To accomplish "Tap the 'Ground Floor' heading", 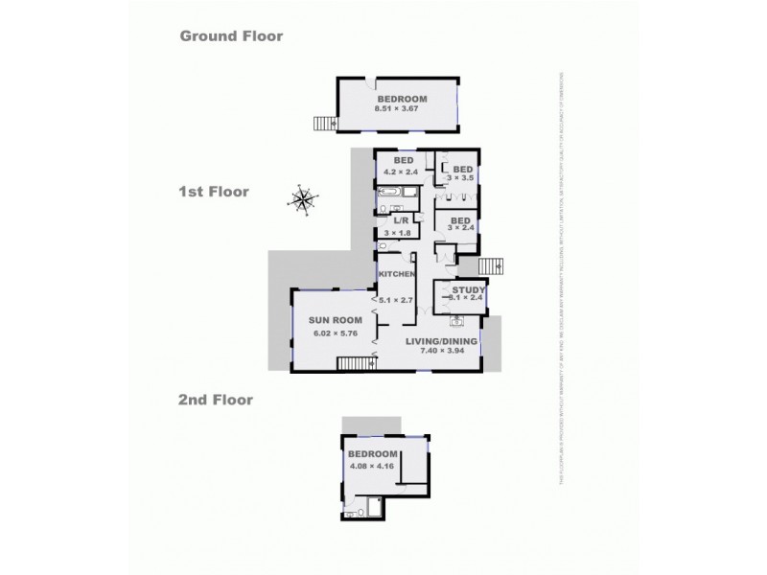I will coord(231,36).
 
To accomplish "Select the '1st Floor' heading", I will coord(214,192).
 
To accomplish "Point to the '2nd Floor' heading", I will coord(216,400).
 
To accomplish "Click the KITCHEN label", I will coord(397,275).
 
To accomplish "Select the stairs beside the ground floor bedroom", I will coord(325,123).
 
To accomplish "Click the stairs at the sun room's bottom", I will coord(355,363).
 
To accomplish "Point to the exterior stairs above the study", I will coord(490,265).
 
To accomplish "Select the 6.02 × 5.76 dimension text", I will coord(332,334).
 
